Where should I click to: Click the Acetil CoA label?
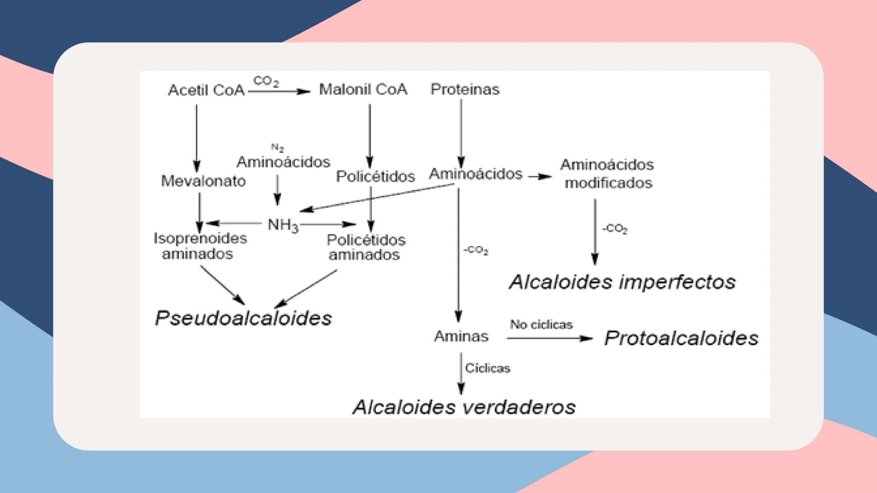[206, 90]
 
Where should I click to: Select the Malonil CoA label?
[363, 89]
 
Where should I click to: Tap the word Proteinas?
[465, 89]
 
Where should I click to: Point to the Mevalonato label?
[203, 181]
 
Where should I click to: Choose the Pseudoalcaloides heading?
[243, 318]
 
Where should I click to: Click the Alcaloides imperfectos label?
[622, 282]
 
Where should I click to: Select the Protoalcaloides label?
[681, 338]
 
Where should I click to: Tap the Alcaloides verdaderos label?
[464, 407]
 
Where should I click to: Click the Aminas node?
[461, 336]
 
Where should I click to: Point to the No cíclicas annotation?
[541, 325]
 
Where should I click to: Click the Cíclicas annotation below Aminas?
[487, 368]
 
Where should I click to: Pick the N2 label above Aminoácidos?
[277, 148]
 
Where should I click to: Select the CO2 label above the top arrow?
[266, 81]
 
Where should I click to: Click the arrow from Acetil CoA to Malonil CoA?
[279, 91]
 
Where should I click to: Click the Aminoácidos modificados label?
[607, 173]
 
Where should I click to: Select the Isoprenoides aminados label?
[200, 246]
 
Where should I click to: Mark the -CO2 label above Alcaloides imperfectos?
[615, 228]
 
